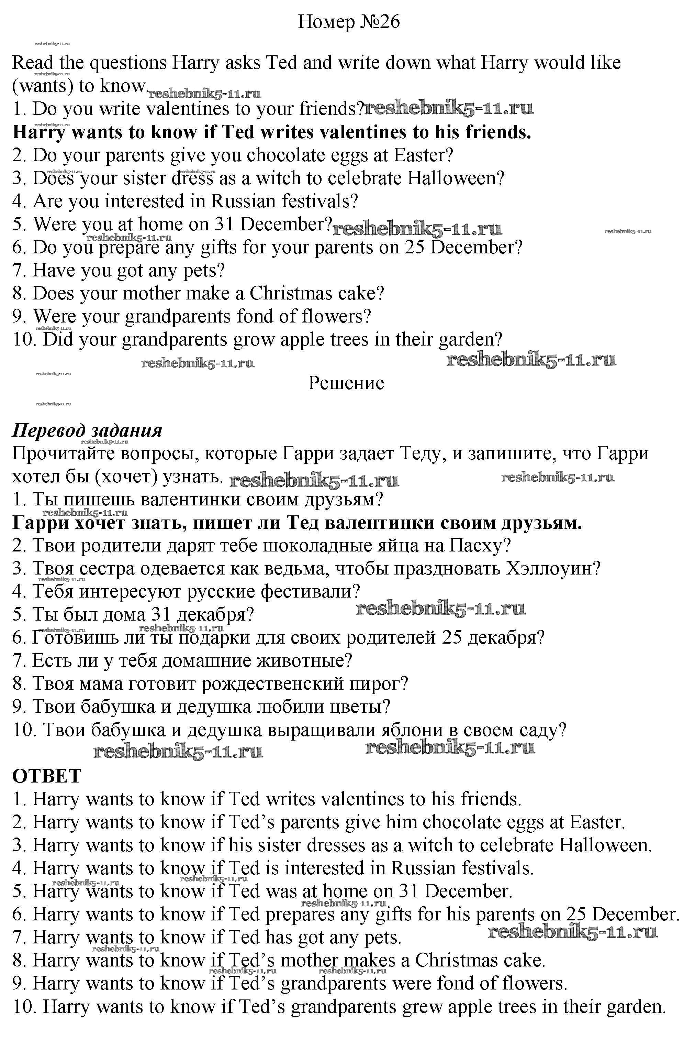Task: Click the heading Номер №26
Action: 348,22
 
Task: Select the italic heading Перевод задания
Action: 87,430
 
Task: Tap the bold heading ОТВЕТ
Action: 46,776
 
